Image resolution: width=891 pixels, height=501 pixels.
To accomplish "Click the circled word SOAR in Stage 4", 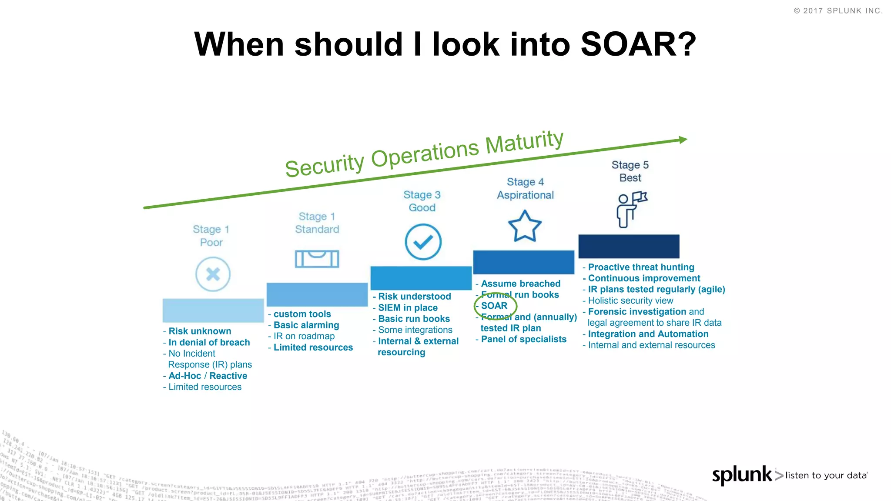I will tap(494, 306).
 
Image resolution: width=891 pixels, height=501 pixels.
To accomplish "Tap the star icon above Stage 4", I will tap(525, 226).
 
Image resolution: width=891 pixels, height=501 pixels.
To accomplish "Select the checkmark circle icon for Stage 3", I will tap(423, 242).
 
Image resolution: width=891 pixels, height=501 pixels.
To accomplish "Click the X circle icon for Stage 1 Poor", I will tap(213, 274).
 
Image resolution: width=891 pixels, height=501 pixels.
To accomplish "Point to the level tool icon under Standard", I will tap(317, 259).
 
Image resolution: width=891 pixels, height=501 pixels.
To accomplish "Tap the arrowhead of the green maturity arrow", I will tap(683, 140).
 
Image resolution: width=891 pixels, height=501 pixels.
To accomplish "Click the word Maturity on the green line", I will tap(524, 142).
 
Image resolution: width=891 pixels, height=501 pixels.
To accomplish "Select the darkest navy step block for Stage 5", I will tap(629, 246).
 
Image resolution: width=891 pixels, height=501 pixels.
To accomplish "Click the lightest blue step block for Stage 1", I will tap(213, 310).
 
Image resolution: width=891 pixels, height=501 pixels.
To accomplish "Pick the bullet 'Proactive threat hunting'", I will tap(641, 267).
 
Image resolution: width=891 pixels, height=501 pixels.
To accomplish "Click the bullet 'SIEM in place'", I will tap(408, 307).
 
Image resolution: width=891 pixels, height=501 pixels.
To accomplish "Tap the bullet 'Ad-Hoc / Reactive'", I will tap(208, 376).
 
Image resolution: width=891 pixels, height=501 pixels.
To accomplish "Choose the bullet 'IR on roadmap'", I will tap(304, 336).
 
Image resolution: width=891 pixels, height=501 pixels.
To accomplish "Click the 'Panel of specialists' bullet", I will tap(523, 339).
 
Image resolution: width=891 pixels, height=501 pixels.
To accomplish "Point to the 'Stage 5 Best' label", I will tap(630, 171).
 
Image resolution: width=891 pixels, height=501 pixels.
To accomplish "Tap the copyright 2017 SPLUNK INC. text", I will tap(838, 11).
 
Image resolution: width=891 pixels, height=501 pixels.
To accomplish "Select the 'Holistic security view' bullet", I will tap(630, 301).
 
